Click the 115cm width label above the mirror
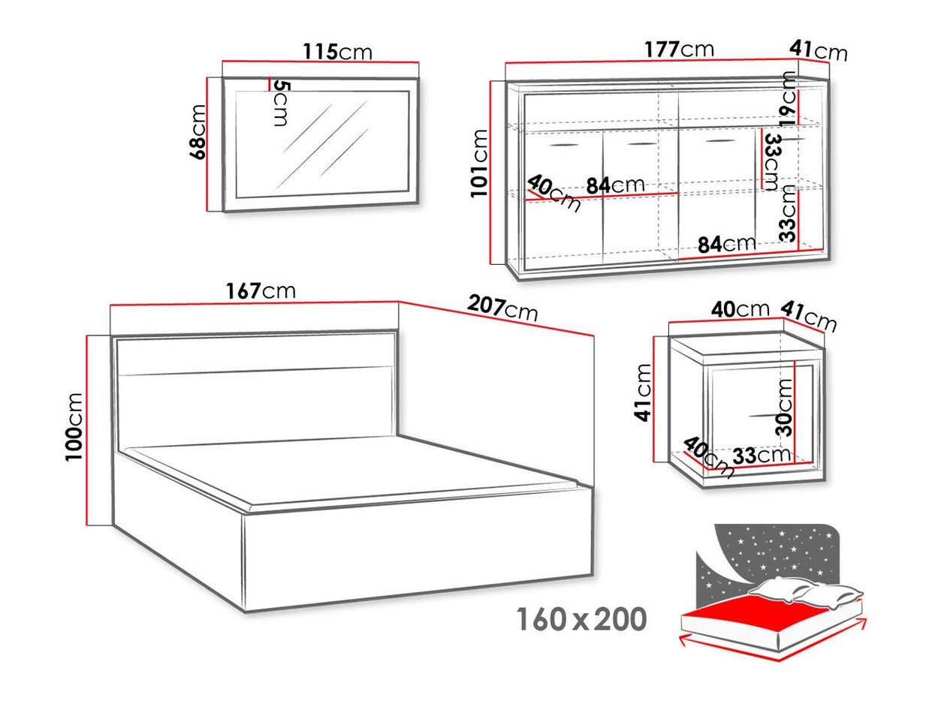coord(337,52)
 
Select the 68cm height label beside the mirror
coord(197,132)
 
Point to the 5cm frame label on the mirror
coord(279,102)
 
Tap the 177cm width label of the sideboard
coord(678,50)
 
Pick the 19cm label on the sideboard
coord(787,98)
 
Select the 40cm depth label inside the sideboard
coord(554,193)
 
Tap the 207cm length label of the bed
coord(502,307)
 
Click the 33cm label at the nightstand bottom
coord(760,455)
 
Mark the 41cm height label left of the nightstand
coord(643,393)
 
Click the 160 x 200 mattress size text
coord(581,620)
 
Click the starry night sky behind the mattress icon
coord(766,552)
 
